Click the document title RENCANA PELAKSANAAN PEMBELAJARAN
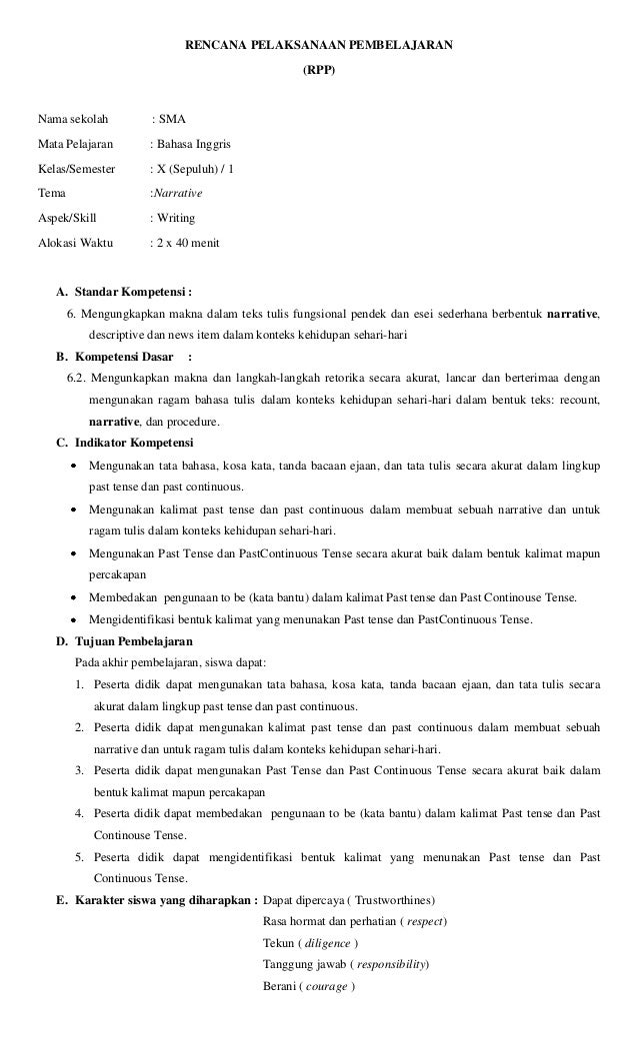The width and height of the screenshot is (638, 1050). tap(319, 45)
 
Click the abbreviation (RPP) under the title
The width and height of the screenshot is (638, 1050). tap(319, 71)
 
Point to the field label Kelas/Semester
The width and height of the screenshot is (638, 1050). tap(76, 168)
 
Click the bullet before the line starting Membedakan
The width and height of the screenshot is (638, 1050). tap(76, 597)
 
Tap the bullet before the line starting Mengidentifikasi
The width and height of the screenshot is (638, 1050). tap(76, 619)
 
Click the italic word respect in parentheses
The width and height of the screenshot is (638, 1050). tap(425, 920)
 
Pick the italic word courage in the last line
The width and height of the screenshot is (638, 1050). tap(328, 986)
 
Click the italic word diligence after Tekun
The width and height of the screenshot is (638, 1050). tap(328, 943)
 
